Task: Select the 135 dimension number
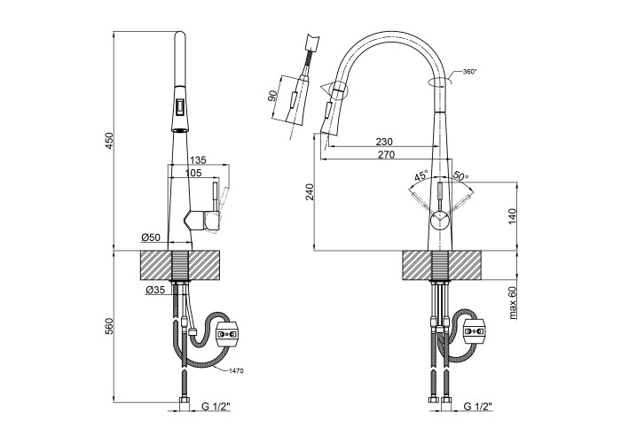click(x=197, y=160)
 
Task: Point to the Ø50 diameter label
click(x=149, y=238)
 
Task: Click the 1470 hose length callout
click(x=235, y=371)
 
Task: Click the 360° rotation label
click(x=471, y=72)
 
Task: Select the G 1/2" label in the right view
click(x=477, y=408)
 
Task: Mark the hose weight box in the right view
click(x=476, y=333)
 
